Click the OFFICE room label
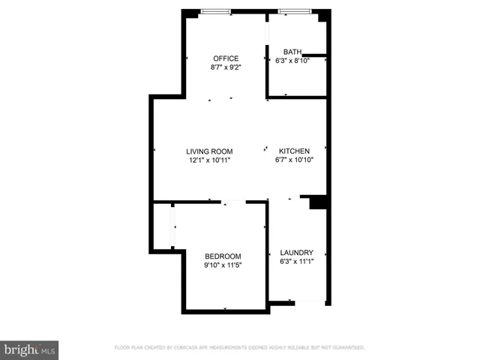coord(225,58)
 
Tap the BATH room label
coord(292,52)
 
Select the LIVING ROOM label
coord(210,151)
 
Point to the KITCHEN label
coord(294,151)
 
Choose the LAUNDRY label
coord(296,253)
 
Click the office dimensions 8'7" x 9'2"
coord(225,67)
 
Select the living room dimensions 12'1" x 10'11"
coord(210,160)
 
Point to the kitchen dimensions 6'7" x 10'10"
coord(294,160)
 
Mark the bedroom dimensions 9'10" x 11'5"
coord(223,265)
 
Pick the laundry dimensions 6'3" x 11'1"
coord(296,262)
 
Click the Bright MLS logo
coord(30,349)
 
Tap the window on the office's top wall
coord(215,11)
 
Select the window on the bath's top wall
coord(298,11)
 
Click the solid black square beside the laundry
coord(317,203)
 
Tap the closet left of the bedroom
coord(163,225)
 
